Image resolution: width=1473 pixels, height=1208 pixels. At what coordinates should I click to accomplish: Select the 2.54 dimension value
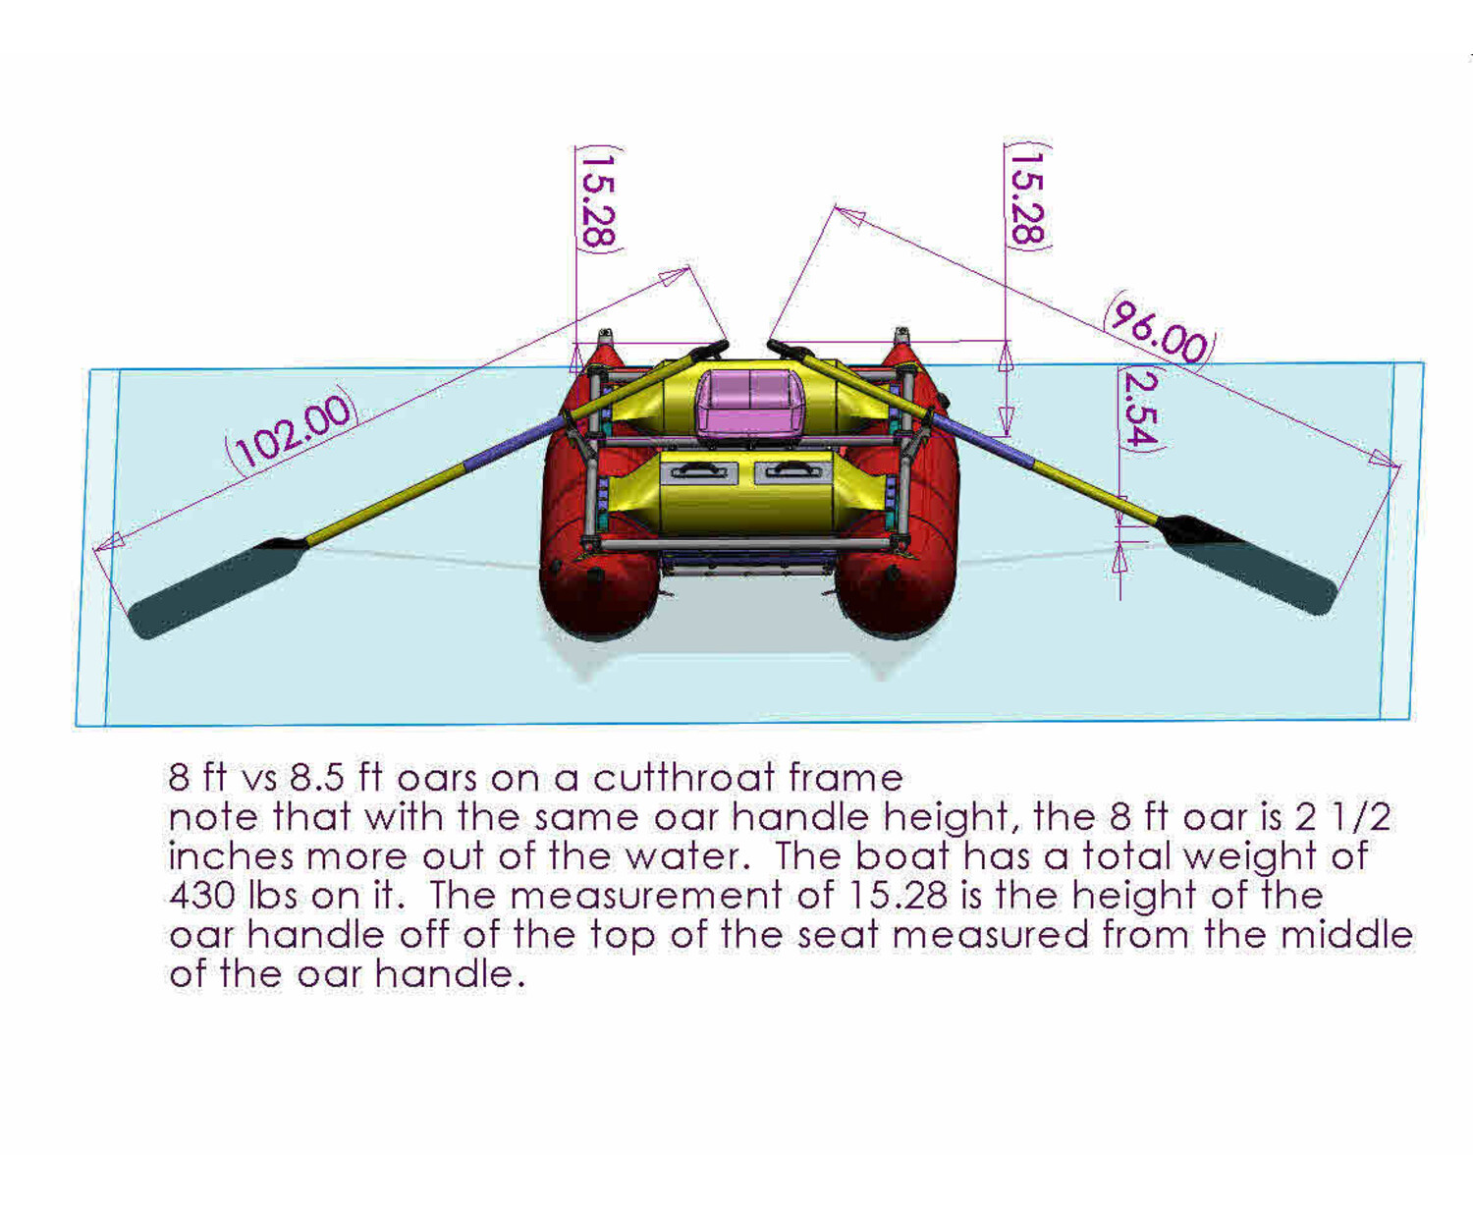point(1140,409)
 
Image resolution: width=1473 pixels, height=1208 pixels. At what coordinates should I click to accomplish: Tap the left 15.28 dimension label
point(598,199)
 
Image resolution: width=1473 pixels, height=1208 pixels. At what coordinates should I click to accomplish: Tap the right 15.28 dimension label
point(1027,197)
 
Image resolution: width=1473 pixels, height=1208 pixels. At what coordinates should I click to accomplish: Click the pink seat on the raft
point(750,403)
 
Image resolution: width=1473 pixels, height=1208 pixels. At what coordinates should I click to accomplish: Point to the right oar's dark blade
point(1247,564)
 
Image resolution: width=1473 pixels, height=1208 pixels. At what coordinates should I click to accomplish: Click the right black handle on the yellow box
point(792,472)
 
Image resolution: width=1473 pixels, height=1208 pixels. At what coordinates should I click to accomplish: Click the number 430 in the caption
point(200,896)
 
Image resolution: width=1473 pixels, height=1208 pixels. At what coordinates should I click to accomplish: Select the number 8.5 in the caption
point(317,778)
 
